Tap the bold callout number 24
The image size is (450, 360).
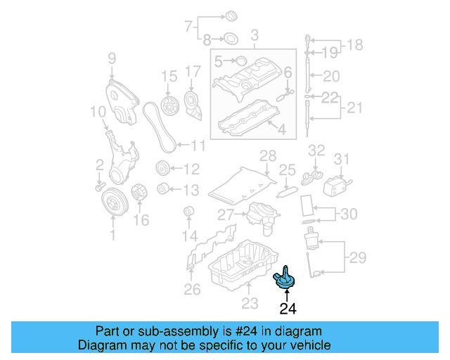pyautogui.click(x=289, y=308)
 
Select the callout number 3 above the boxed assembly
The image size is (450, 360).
pyautogui.click(x=255, y=34)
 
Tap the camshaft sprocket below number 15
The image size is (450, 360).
pyautogui.click(x=167, y=107)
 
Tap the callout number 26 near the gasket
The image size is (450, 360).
pyautogui.click(x=192, y=289)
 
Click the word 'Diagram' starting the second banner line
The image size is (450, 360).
pyautogui.click(x=101, y=345)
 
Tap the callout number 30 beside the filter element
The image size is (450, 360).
pyautogui.click(x=349, y=214)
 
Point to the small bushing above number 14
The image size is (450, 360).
pyautogui.click(x=188, y=212)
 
